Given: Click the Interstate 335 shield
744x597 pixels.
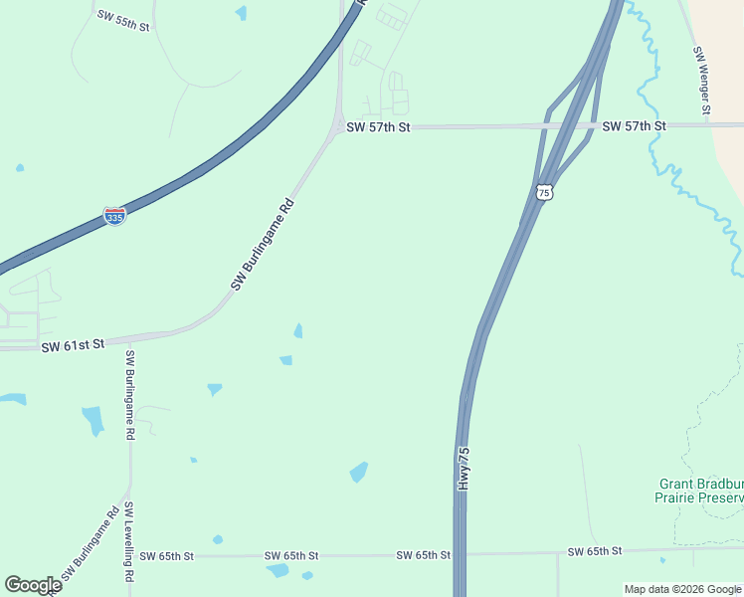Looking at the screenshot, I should [114, 215].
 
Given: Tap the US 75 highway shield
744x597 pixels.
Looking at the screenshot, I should [542, 192].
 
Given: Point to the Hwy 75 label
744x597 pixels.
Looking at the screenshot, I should [464, 468].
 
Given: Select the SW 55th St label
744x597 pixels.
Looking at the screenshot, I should [123, 20].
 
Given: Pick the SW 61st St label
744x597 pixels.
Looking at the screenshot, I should [73, 344].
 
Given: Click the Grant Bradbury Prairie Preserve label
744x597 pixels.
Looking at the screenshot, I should [700, 491].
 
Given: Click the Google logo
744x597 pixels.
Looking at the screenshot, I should [33, 585].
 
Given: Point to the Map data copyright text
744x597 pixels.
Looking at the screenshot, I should [681, 589].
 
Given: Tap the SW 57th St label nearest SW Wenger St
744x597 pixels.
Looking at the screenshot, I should [634, 126].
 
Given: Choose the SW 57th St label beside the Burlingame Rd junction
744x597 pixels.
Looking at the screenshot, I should [377, 127].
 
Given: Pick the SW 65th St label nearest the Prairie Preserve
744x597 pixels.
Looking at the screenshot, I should [594, 551].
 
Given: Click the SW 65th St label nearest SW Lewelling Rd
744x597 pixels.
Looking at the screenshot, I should [166, 555].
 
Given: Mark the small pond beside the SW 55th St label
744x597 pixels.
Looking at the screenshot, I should [241, 13].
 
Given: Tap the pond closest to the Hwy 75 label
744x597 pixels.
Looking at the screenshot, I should [359, 472].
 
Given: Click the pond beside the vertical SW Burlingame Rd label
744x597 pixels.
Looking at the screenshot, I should [93, 419].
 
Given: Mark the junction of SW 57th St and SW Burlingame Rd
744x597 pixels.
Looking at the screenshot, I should [338, 126].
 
